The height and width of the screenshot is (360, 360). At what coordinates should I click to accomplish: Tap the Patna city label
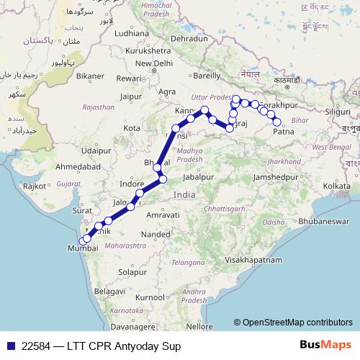284,132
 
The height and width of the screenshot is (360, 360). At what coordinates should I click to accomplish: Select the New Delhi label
158,63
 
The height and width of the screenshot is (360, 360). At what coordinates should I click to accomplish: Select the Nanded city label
155,234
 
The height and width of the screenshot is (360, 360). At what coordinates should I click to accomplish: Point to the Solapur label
133,272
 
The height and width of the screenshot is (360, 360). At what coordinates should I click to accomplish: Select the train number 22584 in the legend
36,346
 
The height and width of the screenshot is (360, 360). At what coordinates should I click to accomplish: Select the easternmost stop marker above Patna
277,122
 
